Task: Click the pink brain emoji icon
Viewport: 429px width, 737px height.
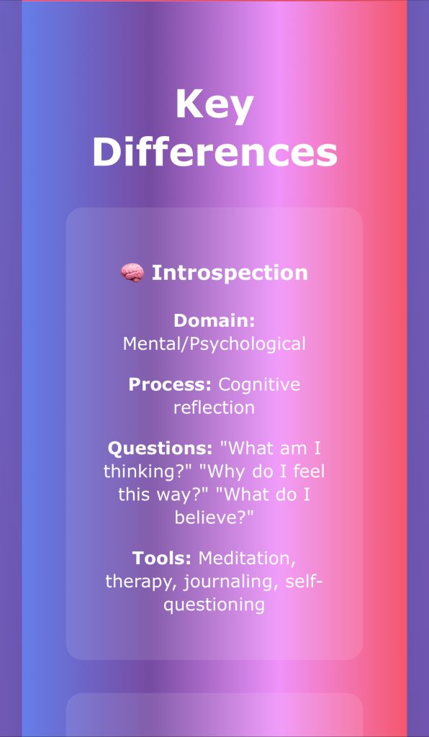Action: [132, 273]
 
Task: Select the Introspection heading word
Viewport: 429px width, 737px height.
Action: [230, 273]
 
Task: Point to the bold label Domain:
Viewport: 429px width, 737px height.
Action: [214, 321]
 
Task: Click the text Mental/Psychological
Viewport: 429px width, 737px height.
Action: [214, 344]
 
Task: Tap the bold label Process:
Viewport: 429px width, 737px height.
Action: [170, 384]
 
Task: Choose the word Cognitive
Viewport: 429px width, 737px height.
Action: [259, 385]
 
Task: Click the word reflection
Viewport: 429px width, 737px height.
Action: [214, 407]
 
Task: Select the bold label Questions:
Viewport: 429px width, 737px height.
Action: [161, 448]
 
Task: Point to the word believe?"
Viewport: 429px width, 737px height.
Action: [214, 517]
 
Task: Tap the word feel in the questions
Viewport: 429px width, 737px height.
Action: [310, 471]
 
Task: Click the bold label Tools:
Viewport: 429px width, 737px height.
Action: [162, 559]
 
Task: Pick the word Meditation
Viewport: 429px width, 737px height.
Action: [247, 559]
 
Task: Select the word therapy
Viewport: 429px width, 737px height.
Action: [141, 582]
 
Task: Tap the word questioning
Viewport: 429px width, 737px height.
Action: [214, 605]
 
